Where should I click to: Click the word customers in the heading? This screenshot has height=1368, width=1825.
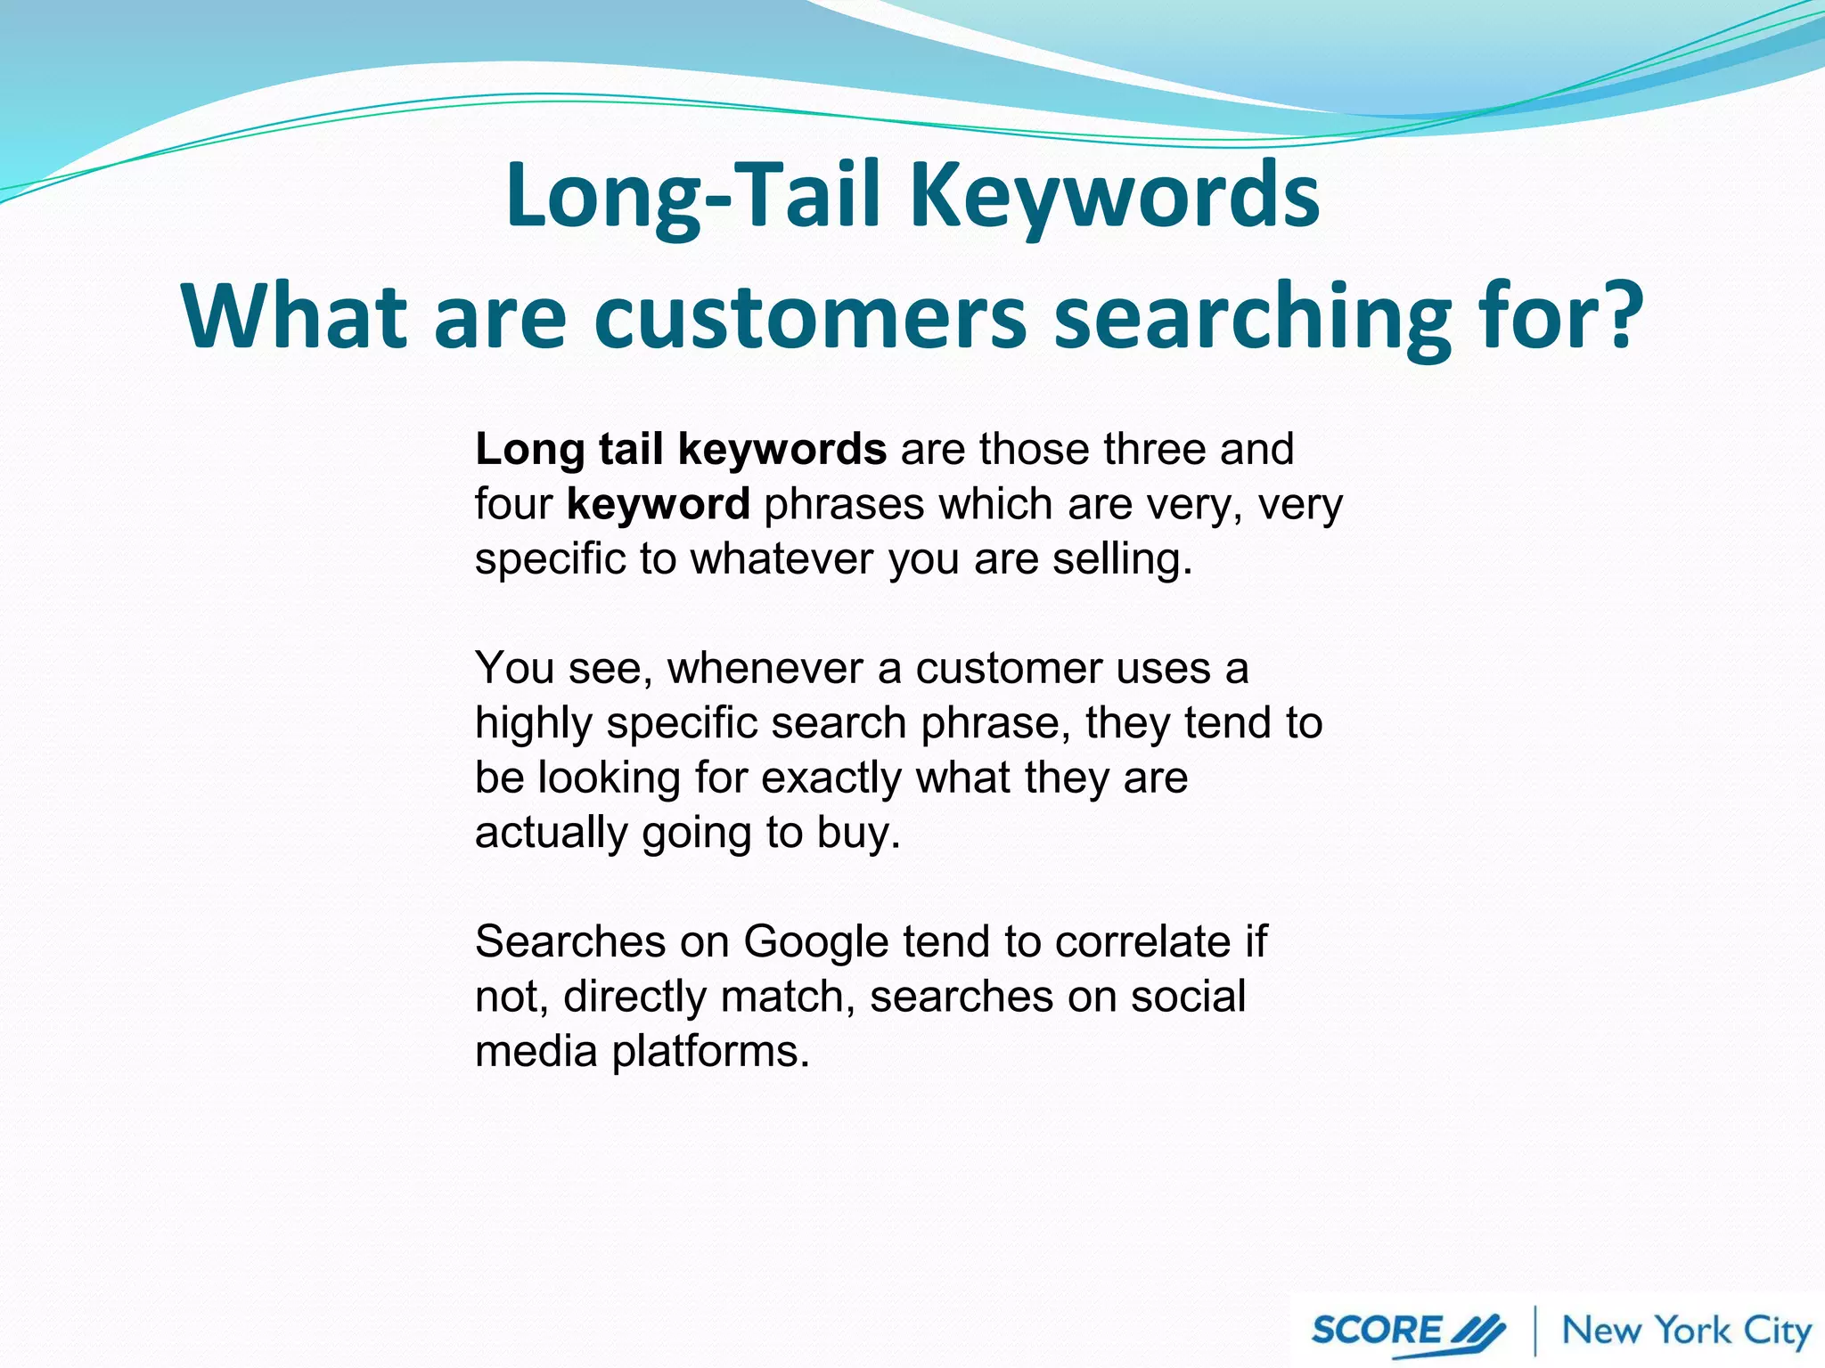coord(811,317)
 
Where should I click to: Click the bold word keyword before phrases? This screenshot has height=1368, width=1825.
coord(658,505)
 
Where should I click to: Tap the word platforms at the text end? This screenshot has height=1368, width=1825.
coord(710,1053)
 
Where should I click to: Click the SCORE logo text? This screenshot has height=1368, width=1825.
coord(1376,1331)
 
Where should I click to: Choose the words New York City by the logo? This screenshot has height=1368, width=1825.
coord(1686,1331)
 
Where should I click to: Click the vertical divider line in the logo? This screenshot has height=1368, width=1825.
coord(1535,1331)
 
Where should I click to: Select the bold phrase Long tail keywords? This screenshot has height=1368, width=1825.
coord(680,450)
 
